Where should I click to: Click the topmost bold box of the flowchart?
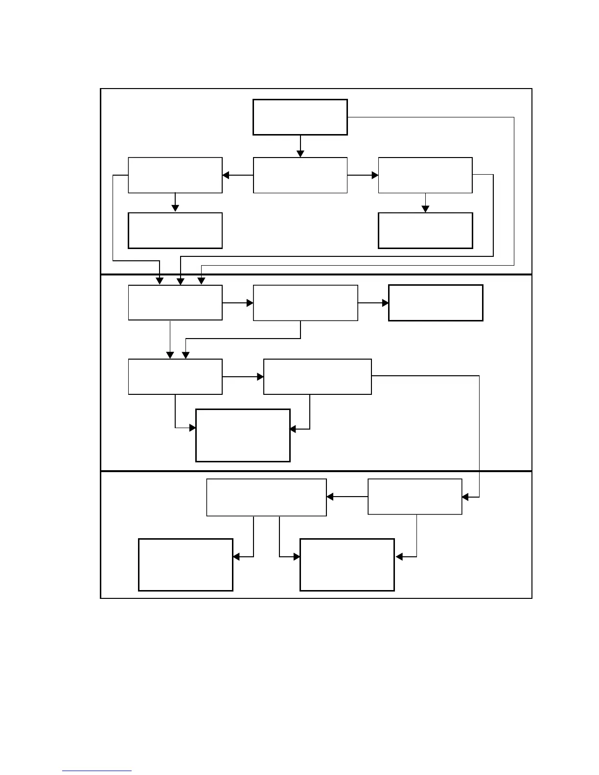coord(300,117)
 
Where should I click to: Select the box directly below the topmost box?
coord(300,175)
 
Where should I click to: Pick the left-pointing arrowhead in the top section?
coord(226,175)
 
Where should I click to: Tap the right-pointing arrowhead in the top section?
coord(375,175)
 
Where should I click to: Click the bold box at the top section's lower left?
coord(175,230)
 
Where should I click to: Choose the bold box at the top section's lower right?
coord(425,230)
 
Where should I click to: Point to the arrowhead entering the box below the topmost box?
coord(300,154)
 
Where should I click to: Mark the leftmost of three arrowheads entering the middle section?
coord(160,281)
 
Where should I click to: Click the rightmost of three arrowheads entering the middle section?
coord(201,281)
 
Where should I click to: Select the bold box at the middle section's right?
coord(436,303)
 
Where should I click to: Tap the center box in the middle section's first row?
coord(305,303)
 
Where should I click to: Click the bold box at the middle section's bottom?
coord(243,435)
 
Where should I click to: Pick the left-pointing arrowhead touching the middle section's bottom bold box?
coord(293,429)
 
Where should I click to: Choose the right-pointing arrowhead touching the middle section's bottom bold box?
coord(192,428)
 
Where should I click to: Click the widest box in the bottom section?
coord(266,497)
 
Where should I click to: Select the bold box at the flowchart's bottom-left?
coord(185,565)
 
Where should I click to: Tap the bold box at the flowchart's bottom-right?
coord(347,565)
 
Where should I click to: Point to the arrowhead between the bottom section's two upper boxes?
coord(330,497)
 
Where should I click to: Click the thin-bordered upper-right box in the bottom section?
coord(415,497)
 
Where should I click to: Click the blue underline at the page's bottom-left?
coord(97,771)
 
